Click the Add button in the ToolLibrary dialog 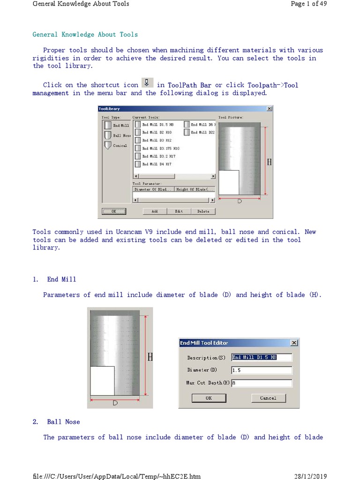pos(155,211)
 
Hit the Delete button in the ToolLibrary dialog pos(203,211)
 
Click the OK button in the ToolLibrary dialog pos(113,211)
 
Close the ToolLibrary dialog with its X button pos(269,109)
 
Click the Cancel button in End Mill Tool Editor pos(268,398)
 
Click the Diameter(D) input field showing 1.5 pos(261,370)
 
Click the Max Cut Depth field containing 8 pos(261,383)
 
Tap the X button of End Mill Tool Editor pos(294,343)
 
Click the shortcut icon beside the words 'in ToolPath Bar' pos(147,83)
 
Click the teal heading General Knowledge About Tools pos(85,34)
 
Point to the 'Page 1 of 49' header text pos(308,4)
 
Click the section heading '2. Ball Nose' pos(63,422)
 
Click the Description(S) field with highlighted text pos(261,358)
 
